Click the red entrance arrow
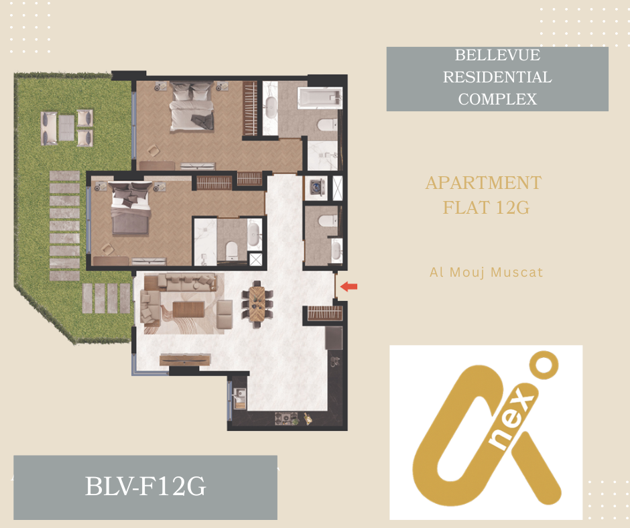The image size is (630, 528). coord(349,287)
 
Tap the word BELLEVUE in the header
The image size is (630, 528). coord(497,55)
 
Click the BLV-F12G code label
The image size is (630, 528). coord(145,486)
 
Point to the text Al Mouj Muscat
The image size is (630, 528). coord(486,273)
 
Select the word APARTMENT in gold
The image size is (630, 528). coord(484,183)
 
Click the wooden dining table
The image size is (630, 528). coord(257,304)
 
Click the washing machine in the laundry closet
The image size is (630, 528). coord(316,188)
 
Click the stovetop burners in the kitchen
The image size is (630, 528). coord(286,418)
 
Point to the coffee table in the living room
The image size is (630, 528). coord(189,310)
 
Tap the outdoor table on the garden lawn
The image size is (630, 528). coord(67,128)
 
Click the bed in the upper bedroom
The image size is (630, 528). coord(191,107)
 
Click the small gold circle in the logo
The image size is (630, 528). coord(544,365)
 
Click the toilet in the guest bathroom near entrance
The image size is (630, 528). coord(328,220)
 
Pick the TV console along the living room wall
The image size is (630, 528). coord(185,360)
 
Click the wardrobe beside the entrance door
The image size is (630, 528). coord(325,313)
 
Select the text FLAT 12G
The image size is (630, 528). coord(486,208)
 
